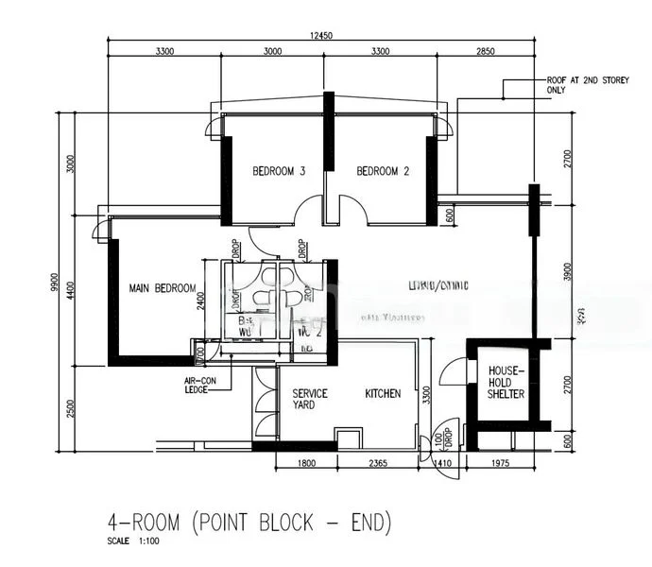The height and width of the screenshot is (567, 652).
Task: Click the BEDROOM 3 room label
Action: [x=278, y=172]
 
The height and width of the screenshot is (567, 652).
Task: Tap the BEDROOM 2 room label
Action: [x=383, y=172]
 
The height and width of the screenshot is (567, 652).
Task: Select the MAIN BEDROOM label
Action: [x=163, y=288]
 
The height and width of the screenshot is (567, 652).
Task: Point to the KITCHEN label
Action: [x=384, y=393]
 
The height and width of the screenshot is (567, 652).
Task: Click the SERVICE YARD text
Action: [x=310, y=400]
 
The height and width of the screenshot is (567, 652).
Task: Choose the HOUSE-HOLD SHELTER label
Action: [x=506, y=384]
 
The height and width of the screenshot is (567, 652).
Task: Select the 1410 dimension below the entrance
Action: [x=442, y=463]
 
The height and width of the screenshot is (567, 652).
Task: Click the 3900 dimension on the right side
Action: [x=567, y=272]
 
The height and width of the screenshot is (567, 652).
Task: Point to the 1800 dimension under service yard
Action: [x=306, y=463]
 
